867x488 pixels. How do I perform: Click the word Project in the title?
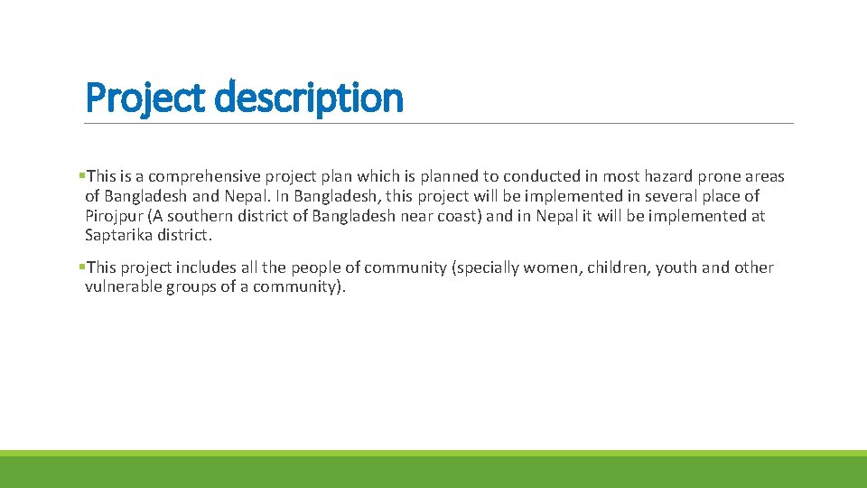(145, 98)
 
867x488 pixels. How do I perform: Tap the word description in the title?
(309, 98)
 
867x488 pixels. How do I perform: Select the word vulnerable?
(123, 287)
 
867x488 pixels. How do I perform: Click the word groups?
(191, 287)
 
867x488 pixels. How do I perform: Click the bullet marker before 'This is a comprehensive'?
(81, 176)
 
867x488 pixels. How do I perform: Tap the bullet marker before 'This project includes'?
(81, 267)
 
